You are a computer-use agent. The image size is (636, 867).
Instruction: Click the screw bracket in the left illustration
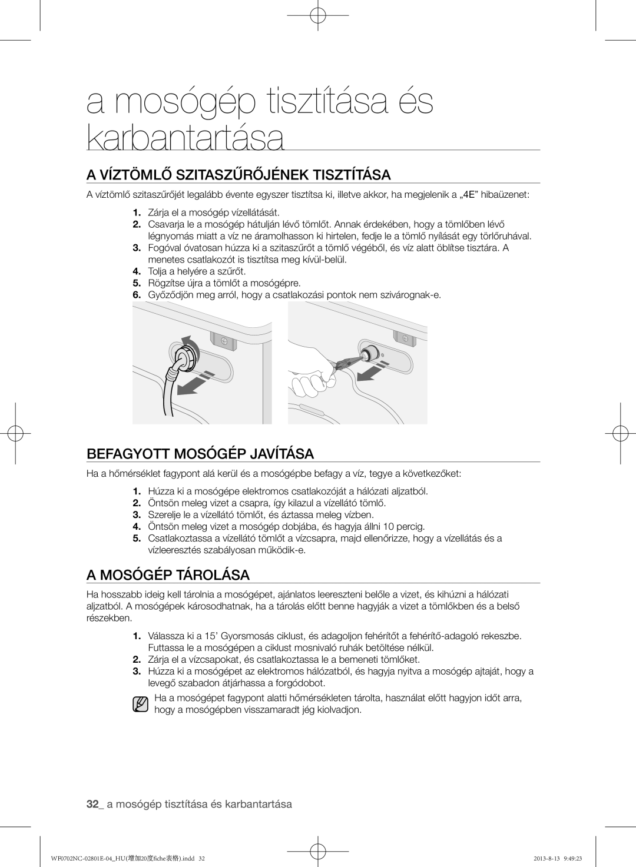point(223,340)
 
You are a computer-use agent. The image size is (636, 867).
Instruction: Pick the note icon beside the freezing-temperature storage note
point(140,704)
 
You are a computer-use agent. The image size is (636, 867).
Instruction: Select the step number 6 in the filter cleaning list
point(137,294)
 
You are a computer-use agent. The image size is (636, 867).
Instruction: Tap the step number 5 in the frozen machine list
point(137,538)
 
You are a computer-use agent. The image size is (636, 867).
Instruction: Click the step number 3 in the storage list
point(137,672)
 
